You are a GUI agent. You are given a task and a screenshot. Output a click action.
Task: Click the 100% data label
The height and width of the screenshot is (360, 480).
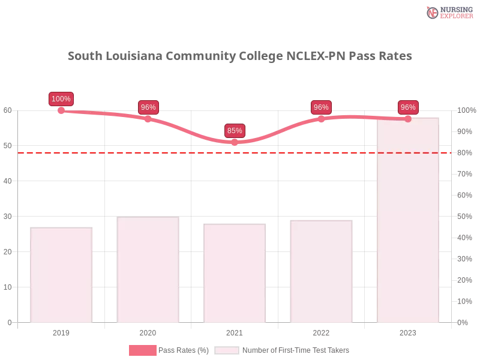click(61, 99)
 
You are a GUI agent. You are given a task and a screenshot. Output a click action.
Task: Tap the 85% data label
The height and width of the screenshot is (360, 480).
click(235, 130)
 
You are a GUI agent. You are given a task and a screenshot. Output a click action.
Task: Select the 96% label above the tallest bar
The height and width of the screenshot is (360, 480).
click(408, 107)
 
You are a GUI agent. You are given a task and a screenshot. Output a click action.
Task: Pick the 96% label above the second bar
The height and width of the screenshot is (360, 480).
click(148, 107)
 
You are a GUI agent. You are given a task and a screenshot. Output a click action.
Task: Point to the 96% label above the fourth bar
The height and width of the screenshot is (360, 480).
click(321, 107)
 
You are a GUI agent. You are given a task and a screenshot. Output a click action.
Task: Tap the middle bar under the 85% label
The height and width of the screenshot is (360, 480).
click(235, 273)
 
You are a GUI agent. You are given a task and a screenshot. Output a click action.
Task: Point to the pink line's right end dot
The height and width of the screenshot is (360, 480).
click(408, 119)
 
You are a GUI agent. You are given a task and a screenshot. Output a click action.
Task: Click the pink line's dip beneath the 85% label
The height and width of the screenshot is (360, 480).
click(235, 142)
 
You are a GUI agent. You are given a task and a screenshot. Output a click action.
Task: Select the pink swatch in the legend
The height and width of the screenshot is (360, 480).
click(142, 350)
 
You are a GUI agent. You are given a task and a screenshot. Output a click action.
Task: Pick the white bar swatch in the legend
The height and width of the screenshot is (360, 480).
click(227, 350)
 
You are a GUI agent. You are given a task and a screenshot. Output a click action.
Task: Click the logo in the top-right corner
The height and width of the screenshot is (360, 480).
click(448, 12)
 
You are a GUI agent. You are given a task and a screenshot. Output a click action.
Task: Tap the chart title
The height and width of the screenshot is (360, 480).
click(240, 56)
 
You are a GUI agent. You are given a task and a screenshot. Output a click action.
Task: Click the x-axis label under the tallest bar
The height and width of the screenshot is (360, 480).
click(408, 331)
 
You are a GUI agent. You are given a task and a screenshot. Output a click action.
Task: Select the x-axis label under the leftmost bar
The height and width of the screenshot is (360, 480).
click(62, 331)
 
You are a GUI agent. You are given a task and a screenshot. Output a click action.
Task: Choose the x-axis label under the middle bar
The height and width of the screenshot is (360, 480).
click(235, 331)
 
